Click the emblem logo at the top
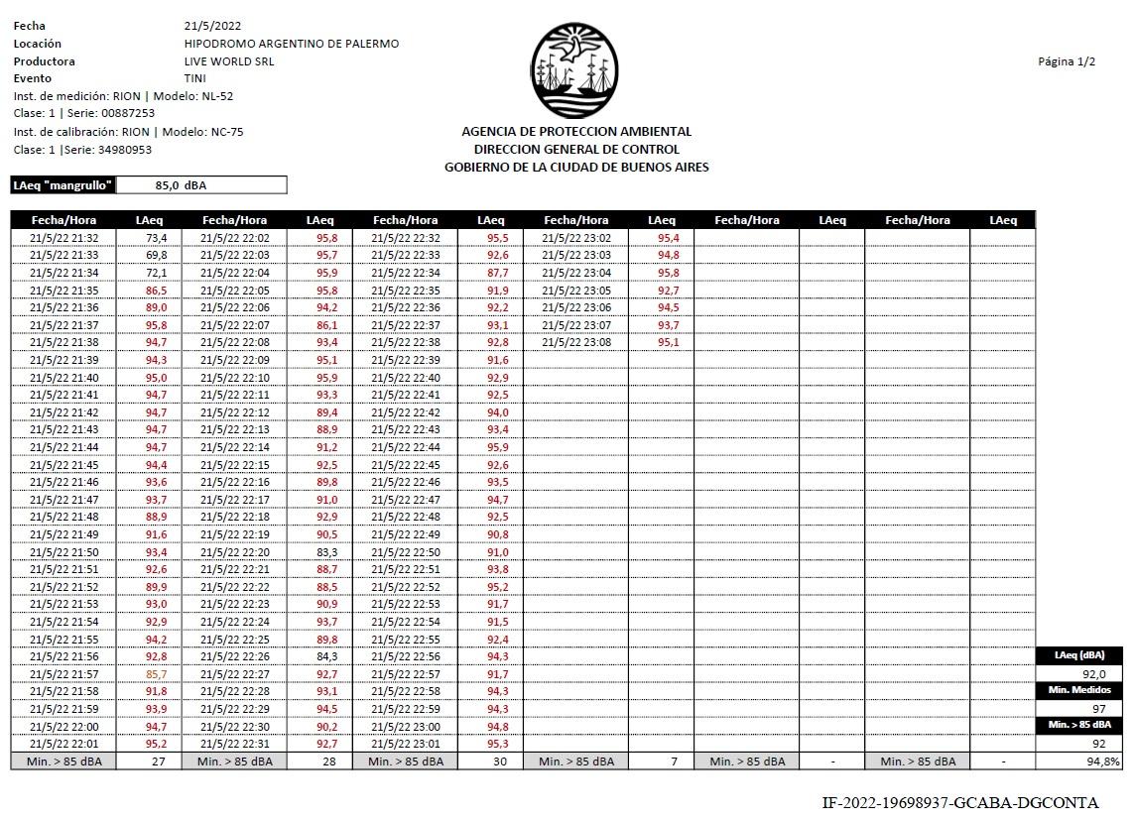[x=575, y=71]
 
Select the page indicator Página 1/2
[x=1067, y=61]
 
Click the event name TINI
[x=195, y=78]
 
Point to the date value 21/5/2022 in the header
[x=212, y=26]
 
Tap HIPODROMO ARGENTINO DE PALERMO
[x=292, y=44]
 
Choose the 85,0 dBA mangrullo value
[x=181, y=185]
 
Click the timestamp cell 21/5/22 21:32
[x=64, y=238]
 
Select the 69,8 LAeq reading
[x=157, y=256]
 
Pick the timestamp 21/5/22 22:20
[x=235, y=552]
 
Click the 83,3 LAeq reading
[x=327, y=552]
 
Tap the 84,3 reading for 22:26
[x=327, y=656]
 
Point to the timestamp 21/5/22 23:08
[x=576, y=342]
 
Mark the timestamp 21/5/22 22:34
[x=406, y=273]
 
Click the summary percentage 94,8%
[x=1103, y=761]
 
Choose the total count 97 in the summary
[x=1098, y=708]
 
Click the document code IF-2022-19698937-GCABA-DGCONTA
[x=960, y=803]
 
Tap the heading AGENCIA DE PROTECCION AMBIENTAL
[x=576, y=132]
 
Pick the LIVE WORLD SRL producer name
[x=229, y=61]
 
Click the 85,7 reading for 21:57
[x=157, y=674]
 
